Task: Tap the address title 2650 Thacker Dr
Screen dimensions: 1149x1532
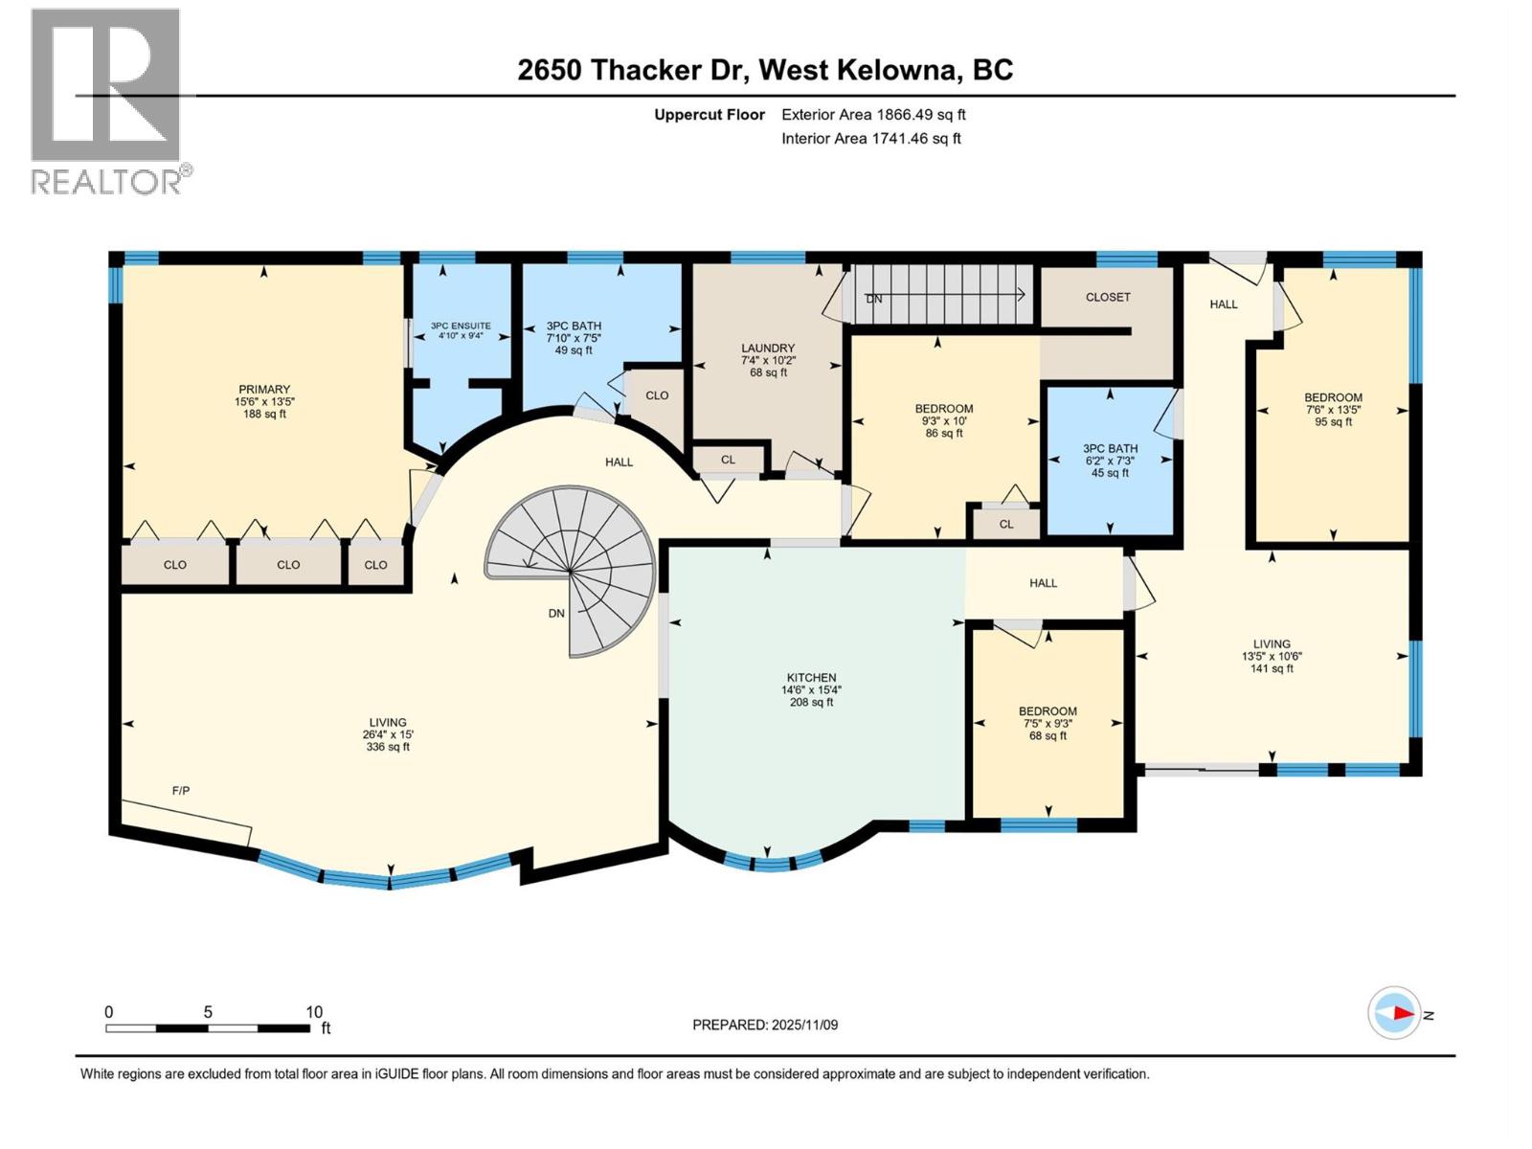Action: pos(765,70)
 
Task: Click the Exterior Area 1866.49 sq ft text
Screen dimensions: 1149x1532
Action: pos(873,114)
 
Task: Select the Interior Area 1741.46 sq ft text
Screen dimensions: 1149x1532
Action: pos(870,138)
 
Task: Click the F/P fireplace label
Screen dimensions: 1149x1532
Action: pos(181,790)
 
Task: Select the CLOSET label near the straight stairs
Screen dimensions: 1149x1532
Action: pos(1108,297)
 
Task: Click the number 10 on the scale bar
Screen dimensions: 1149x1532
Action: pos(314,1012)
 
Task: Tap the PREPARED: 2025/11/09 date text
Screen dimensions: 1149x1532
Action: pos(765,1025)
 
